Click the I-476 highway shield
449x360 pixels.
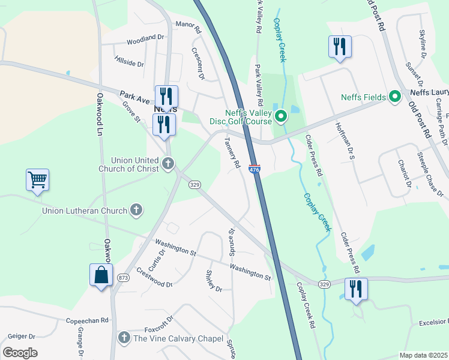255,170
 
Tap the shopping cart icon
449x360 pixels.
37,179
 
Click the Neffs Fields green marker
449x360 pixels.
395,97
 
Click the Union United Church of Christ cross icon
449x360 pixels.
169,162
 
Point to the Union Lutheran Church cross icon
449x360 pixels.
136,210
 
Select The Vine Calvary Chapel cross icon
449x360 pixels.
124,338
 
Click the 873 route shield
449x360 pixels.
124,277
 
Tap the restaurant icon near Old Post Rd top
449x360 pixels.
340,46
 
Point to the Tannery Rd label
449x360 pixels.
232,152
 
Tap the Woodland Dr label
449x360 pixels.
145,40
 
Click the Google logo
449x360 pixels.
20,353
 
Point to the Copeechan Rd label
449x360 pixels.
86,321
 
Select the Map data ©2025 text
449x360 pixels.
423,355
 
